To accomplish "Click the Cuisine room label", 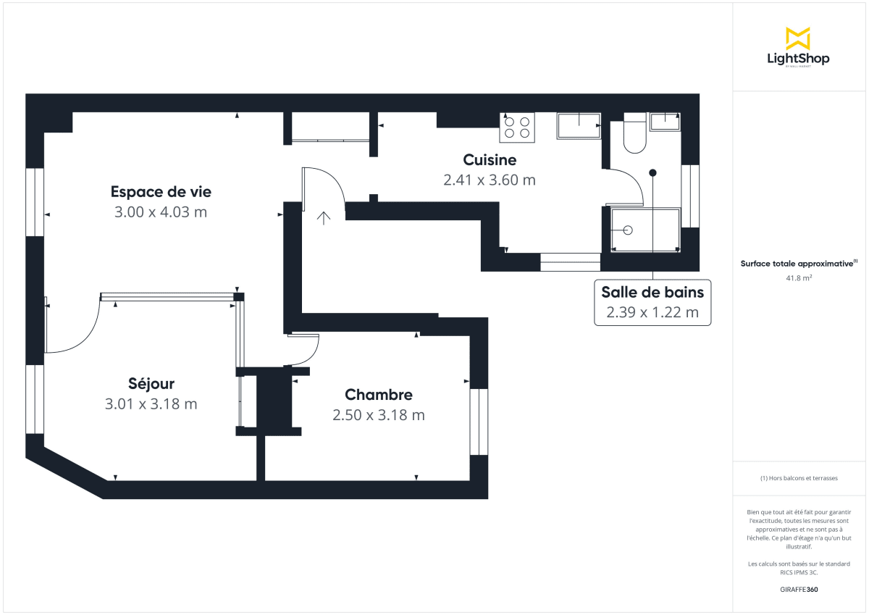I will tap(490, 160).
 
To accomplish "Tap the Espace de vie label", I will tap(161, 192).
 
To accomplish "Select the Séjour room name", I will tap(151, 384).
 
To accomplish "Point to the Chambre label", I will tap(379, 395).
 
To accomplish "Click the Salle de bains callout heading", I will tap(652, 292).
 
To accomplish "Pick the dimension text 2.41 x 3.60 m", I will tap(490, 180).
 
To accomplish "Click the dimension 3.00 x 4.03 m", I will tap(161, 212).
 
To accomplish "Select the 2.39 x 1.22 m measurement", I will tap(652, 313).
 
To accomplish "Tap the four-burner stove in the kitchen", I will tap(517, 127).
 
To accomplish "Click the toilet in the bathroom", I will tap(634, 135).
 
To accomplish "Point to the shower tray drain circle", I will tap(628, 230).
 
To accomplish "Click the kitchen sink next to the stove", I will tap(578, 125).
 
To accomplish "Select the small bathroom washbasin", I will tap(664, 121).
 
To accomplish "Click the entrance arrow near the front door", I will tap(323, 217).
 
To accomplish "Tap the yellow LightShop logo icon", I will tap(797, 38).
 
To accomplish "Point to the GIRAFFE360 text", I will tap(798, 590).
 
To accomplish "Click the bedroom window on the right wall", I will tap(479, 422).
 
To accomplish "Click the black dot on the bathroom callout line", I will tap(652, 173).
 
